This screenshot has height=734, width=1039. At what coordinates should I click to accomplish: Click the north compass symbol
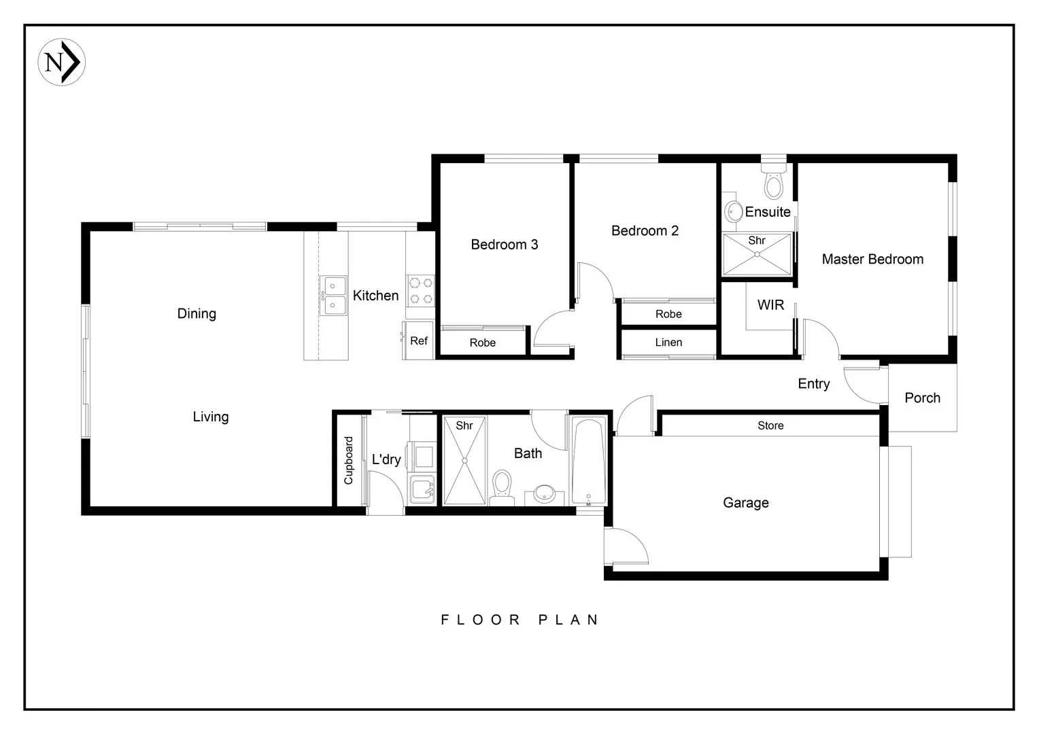pos(62,62)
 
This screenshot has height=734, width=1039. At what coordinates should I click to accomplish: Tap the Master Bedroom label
pos(872,259)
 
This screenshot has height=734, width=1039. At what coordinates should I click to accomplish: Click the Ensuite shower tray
pos(757,255)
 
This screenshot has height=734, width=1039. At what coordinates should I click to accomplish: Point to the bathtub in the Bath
pos(589,461)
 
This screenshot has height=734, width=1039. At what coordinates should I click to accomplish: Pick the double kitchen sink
pos(333,296)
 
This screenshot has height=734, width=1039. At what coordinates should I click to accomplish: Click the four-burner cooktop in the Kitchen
pos(421,291)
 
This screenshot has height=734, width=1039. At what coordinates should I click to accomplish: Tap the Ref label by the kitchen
pos(419,340)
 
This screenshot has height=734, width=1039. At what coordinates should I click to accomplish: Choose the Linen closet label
pos(668,342)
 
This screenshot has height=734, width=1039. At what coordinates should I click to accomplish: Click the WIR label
pos(770,305)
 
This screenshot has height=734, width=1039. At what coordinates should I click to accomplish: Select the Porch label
pos(922,398)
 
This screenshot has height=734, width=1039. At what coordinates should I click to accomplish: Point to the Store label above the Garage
pos(770,425)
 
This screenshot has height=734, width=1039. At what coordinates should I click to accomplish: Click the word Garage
pos(746,503)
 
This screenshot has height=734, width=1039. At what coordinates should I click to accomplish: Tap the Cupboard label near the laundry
pos(348,460)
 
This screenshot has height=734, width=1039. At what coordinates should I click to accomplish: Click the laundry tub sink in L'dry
pos(422,489)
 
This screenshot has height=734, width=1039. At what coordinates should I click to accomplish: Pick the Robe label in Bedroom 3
pos(482,343)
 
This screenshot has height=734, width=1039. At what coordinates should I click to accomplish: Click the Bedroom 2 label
pos(645,230)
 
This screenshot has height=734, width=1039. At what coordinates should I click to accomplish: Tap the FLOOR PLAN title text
pos(520,620)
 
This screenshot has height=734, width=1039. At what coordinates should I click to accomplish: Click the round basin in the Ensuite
pos(733,212)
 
